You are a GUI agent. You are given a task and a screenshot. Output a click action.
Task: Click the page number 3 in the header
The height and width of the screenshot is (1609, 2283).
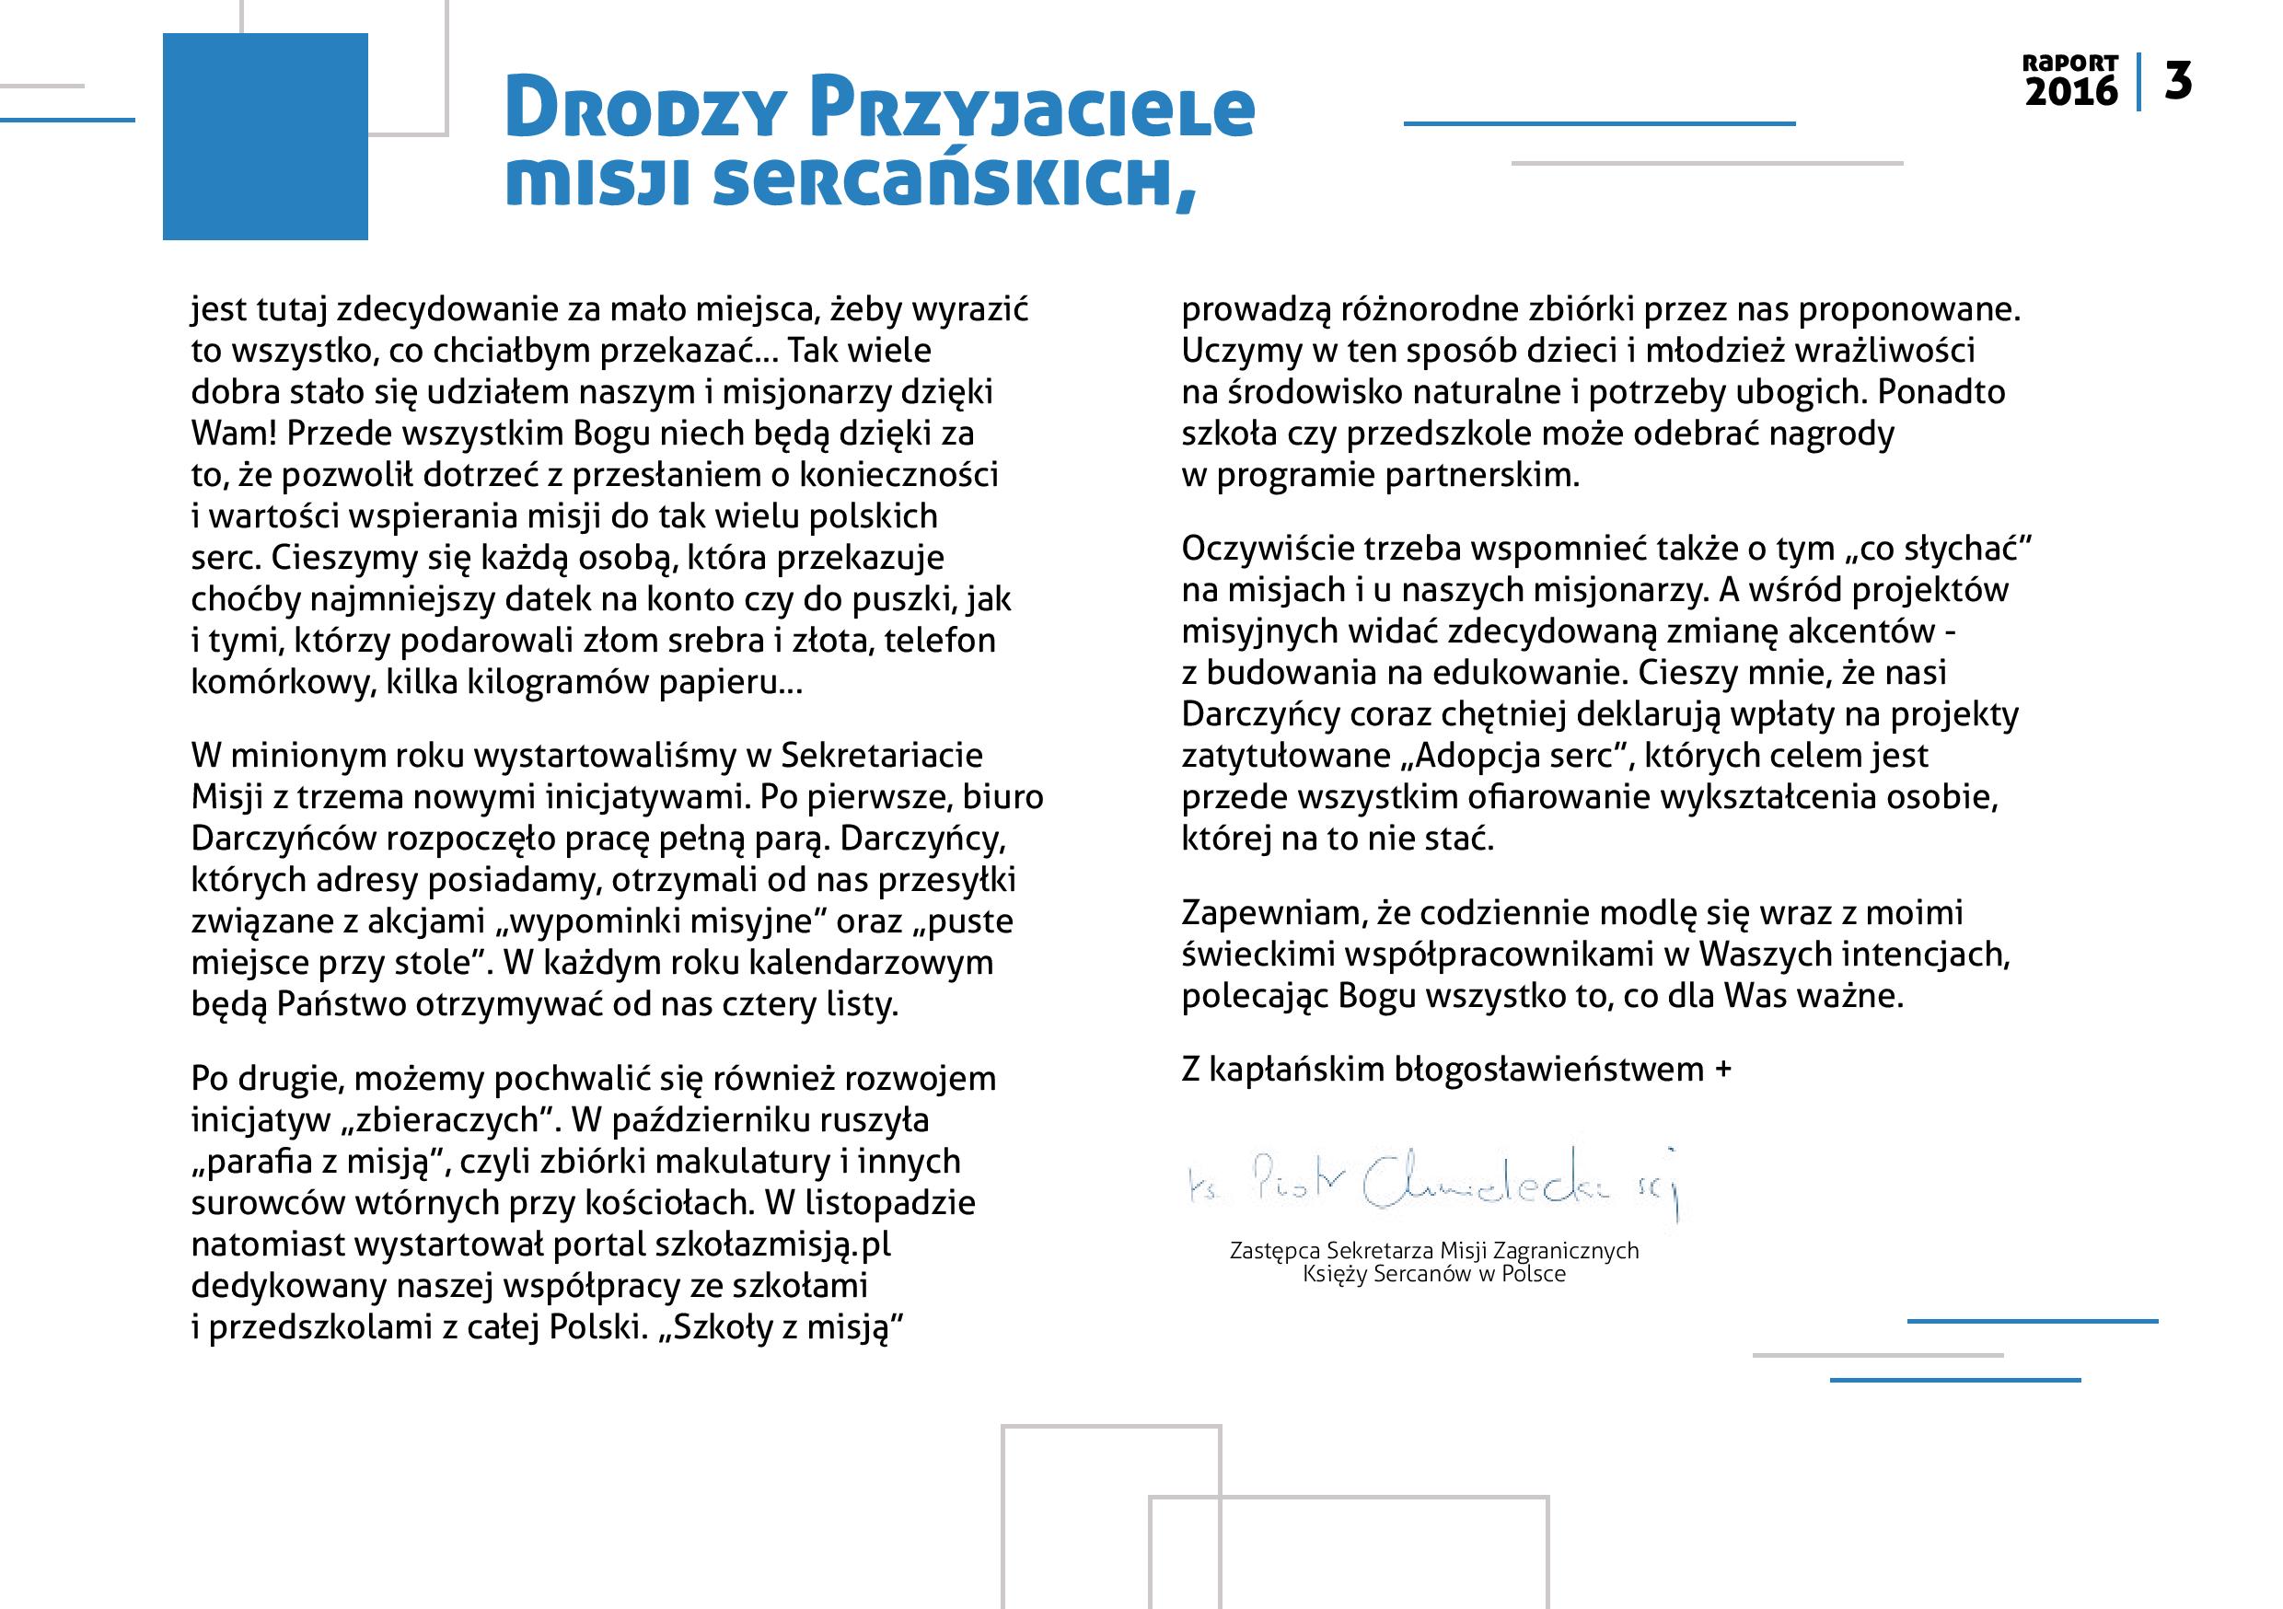pyautogui.click(x=2178, y=82)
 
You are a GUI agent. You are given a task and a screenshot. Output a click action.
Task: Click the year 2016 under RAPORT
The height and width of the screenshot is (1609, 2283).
pyautogui.click(x=2071, y=92)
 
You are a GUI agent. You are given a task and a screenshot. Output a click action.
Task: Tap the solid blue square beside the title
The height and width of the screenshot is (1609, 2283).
pyautogui.click(x=265, y=136)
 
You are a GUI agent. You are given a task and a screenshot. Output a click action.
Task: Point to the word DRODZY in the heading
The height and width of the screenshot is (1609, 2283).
pyautogui.click(x=646, y=110)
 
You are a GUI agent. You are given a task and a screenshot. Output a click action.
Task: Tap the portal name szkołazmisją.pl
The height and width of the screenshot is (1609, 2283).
pyautogui.click(x=771, y=1244)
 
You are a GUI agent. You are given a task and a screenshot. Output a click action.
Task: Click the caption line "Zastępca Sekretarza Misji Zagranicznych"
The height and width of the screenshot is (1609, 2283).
pyautogui.click(x=1434, y=1251)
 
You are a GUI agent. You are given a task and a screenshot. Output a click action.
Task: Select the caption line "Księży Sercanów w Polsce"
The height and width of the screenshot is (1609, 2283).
pyautogui.click(x=1434, y=1274)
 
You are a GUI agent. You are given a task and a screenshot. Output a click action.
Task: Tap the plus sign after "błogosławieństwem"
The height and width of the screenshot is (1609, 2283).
pyautogui.click(x=1723, y=1070)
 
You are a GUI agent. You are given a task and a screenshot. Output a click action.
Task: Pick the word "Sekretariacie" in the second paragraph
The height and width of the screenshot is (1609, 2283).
pyautogui.click(x=881, y=756)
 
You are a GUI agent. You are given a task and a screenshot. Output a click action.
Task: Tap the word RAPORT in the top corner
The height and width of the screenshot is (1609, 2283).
pyautogui.click(x=2070, y=63)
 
